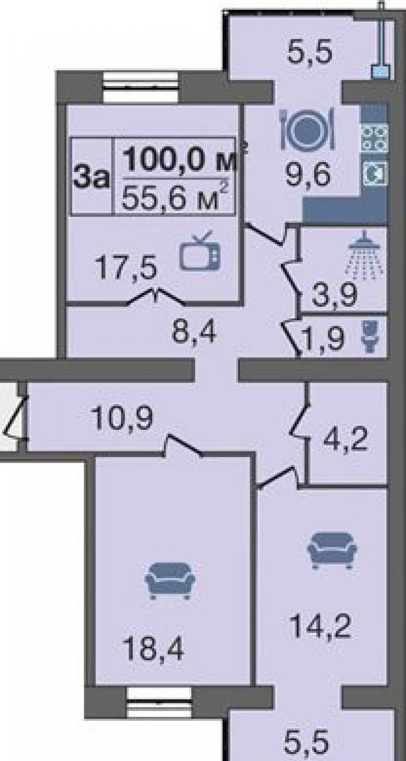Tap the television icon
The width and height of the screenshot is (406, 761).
tap(200, 251)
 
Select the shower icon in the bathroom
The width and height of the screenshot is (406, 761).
tap(365, 257)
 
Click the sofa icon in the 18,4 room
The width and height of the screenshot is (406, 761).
tap(170, 580)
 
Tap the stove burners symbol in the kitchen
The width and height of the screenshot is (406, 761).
tap(375, 138)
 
